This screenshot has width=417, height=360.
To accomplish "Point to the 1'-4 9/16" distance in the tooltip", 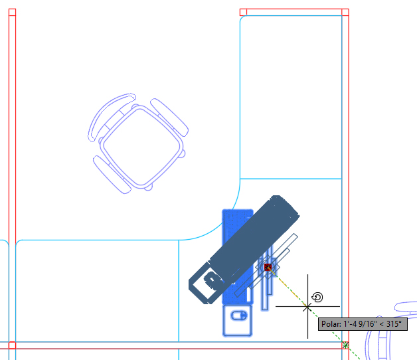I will [x=361, y=325].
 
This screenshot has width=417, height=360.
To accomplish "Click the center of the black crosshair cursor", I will [x=307, y=306].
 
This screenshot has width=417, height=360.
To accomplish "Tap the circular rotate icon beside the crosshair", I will [x=317, y=297].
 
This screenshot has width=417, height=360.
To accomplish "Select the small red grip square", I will [x=268, y=268].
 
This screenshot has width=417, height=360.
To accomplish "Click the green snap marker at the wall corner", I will [x=345, y=345].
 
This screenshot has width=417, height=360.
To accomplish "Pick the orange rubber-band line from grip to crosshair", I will [x=288, y=287].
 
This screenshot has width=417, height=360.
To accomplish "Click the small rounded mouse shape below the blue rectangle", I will [x=237, y=320].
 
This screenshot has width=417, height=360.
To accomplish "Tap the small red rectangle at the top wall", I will [x=243, y=12].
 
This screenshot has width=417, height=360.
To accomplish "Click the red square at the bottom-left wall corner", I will [x=11, y=345].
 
